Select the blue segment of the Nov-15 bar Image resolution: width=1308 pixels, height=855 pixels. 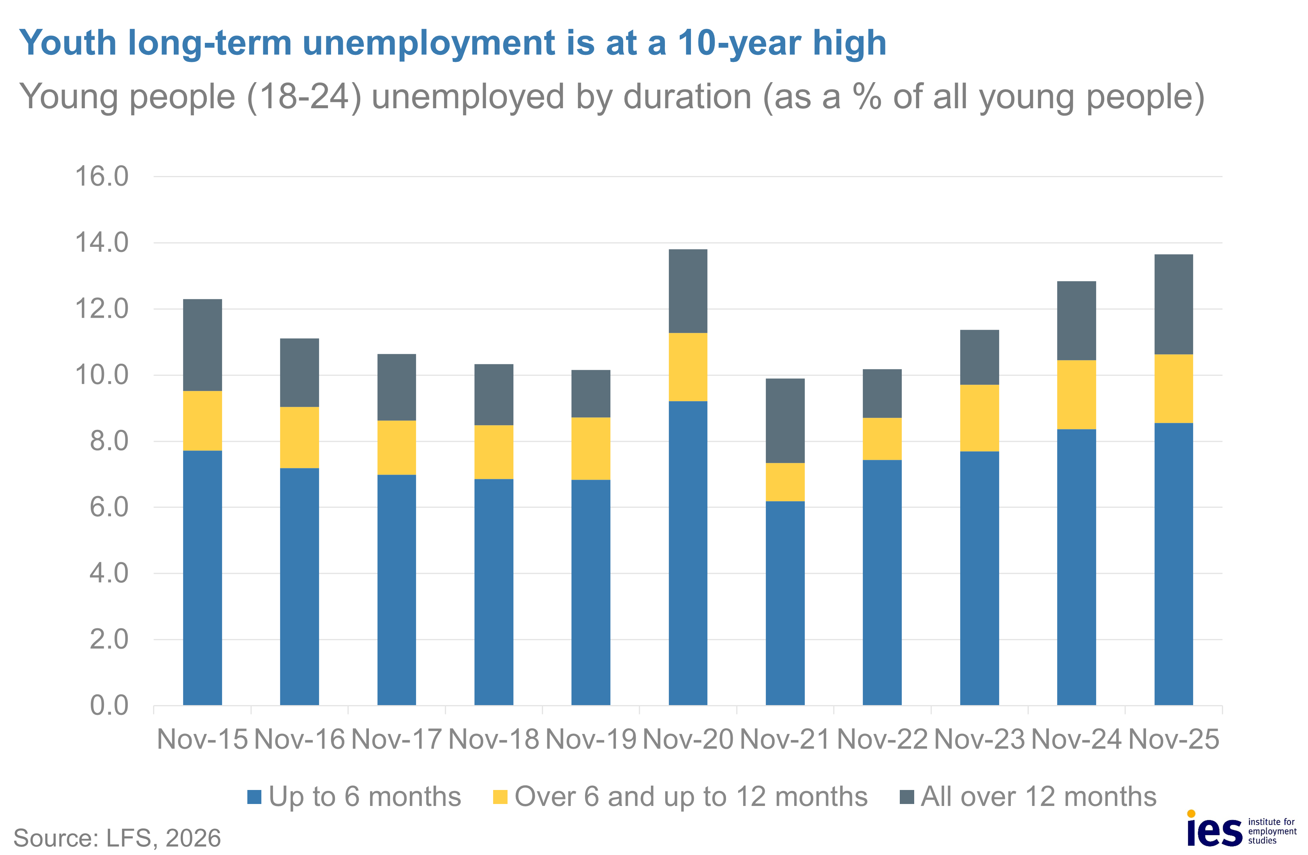(202, 577)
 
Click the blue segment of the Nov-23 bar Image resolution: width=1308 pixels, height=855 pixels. (979, 577)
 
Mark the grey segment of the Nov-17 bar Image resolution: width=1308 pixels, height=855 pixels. (396, 387)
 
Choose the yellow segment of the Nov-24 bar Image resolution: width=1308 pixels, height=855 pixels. (1076, 394)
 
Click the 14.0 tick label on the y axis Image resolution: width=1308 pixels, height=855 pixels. (102, 242)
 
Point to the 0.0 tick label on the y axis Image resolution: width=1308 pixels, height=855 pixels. (109, 705)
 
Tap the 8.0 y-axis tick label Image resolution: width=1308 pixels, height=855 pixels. (109, 441)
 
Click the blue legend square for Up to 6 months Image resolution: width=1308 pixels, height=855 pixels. (254, 797)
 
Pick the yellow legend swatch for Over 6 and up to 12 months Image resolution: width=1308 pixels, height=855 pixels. (500, 797)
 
